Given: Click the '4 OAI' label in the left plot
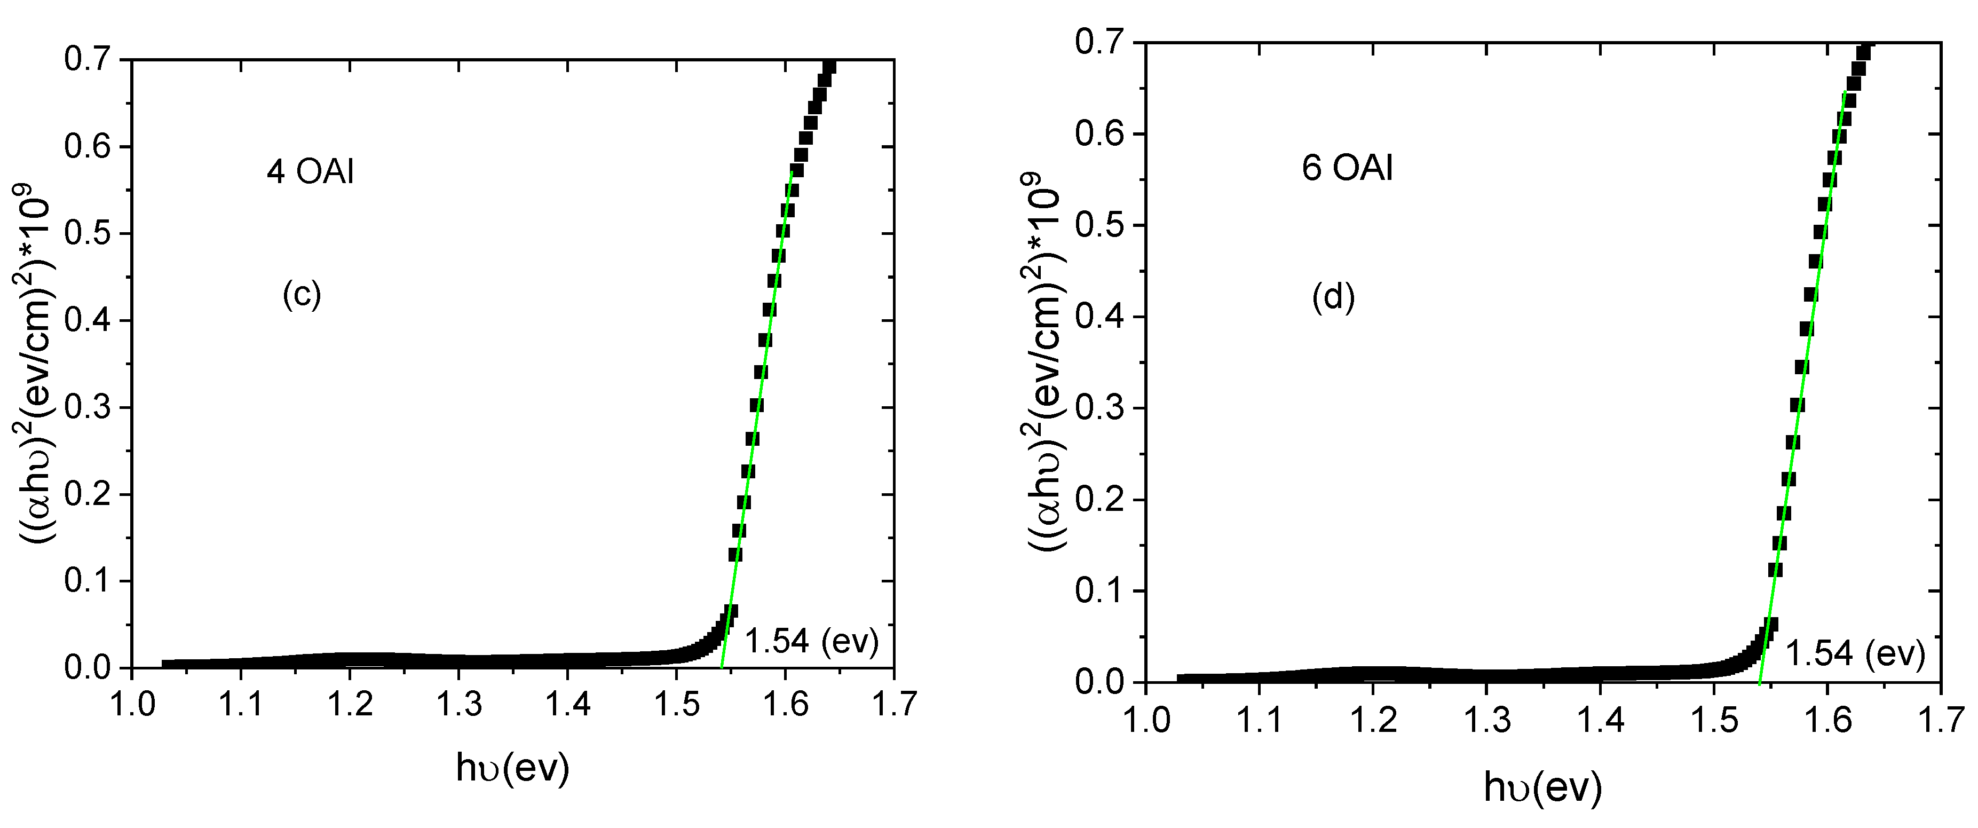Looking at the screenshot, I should pos(310,172).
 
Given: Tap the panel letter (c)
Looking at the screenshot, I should pos(301,294).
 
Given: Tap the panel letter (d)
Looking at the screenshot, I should pos(1333,297).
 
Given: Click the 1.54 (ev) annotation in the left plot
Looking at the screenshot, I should pos(812,641).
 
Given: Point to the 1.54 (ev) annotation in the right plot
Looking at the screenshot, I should pos(1854,653).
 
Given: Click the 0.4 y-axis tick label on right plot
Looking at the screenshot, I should pos(1099,317).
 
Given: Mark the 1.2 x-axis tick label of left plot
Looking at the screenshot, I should pos(350,704).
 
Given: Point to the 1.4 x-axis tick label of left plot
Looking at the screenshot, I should pos(567,704).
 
